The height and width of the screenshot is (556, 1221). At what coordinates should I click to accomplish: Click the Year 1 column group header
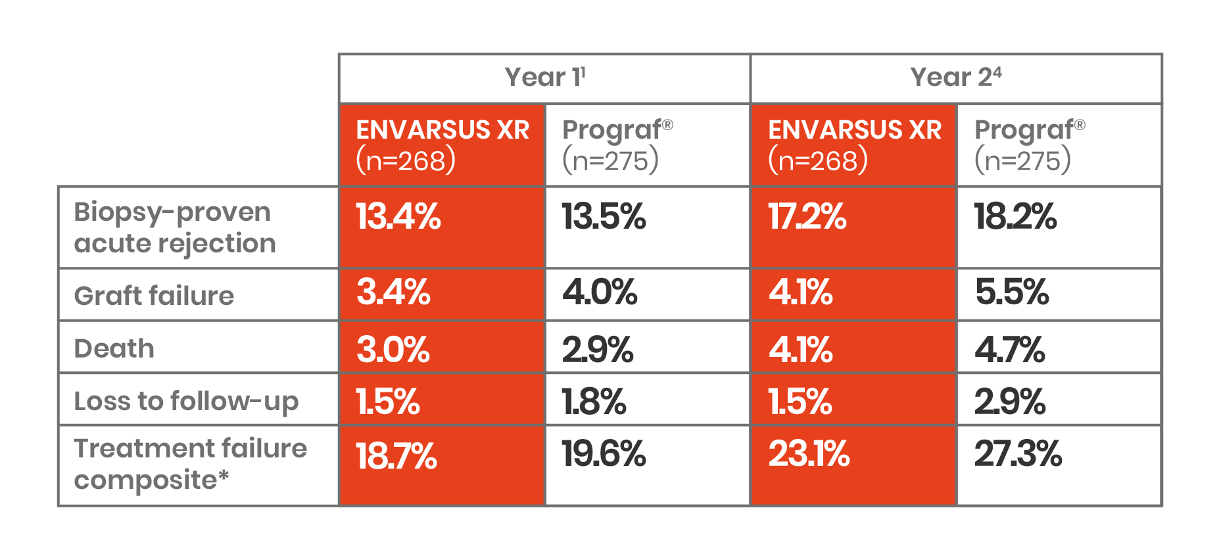pos(544,78)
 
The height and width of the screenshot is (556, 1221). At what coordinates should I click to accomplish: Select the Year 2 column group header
pos(956,78)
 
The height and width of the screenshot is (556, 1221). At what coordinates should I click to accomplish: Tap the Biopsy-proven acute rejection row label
pos(175,227)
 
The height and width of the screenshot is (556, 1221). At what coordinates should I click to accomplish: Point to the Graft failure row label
pos(154,296)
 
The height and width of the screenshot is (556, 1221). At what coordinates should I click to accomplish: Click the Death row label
pos(114,348)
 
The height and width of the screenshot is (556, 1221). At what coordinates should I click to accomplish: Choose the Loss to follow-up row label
pos(186,401)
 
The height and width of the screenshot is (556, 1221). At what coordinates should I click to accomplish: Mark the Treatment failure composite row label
pos(190,464)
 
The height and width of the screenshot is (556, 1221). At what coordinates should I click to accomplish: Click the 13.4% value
pos(398,216)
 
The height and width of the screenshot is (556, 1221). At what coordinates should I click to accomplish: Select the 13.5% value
pos(604,216)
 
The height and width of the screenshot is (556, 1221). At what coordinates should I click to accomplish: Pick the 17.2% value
pos(807,216)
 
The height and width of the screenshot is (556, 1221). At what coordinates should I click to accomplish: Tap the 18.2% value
pos(1015,216)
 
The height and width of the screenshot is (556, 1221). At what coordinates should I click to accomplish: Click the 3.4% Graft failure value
pos(393,292)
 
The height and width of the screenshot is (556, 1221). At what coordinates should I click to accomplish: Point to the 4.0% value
pos(600,292)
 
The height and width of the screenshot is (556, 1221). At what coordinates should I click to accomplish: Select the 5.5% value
pos(1012,292)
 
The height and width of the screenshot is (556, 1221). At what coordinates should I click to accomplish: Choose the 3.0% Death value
pos(393,349)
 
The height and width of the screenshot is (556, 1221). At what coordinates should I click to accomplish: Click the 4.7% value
pos(1010,349)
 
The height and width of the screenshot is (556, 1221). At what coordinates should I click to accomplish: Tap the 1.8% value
pos(594,402)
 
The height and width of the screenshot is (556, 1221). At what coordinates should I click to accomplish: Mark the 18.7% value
pos(396,455)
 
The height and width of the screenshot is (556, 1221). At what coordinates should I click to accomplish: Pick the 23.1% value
pos(809,454)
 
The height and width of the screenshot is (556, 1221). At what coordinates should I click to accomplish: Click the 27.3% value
pos(1018,454)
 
